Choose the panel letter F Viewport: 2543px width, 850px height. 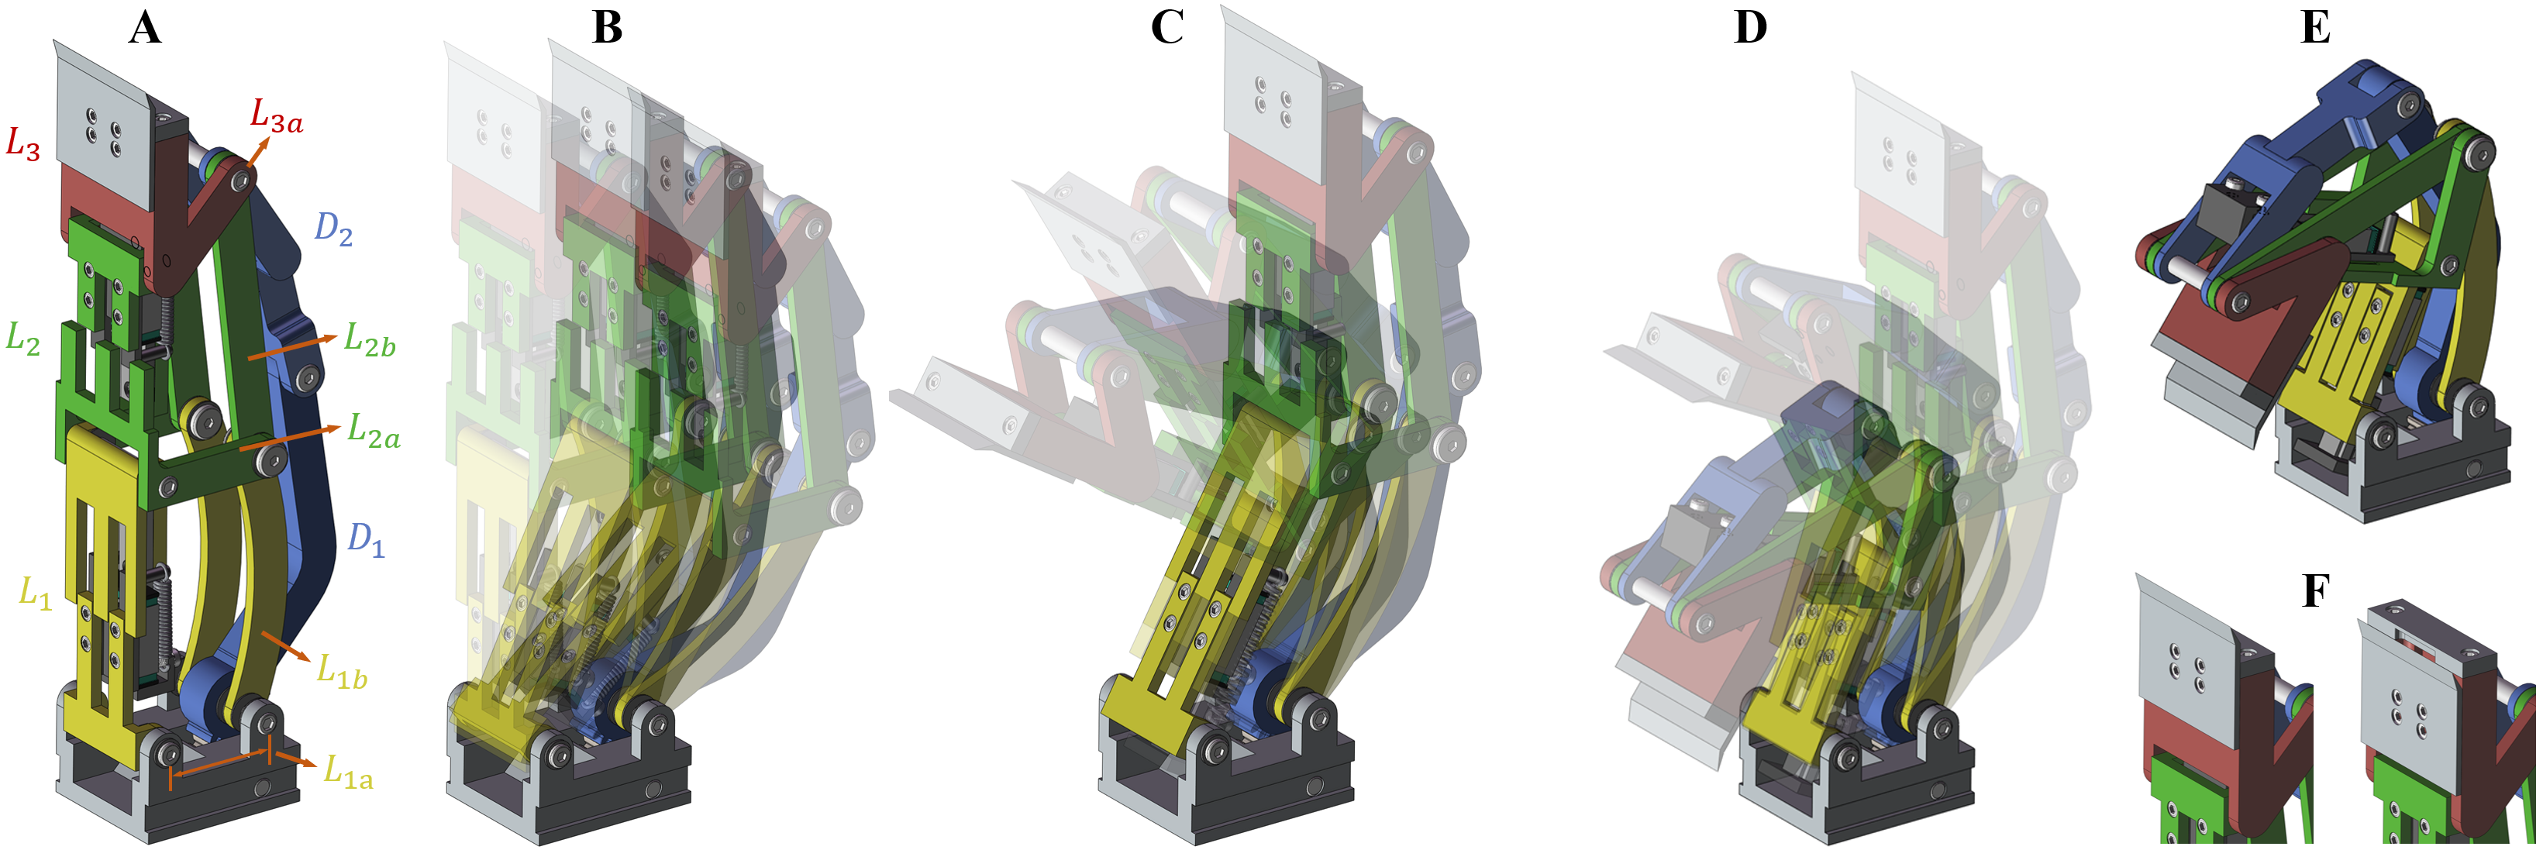2316,590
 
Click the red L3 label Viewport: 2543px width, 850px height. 22,144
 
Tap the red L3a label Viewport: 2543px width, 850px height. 275,116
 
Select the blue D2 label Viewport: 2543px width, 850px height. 333,230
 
